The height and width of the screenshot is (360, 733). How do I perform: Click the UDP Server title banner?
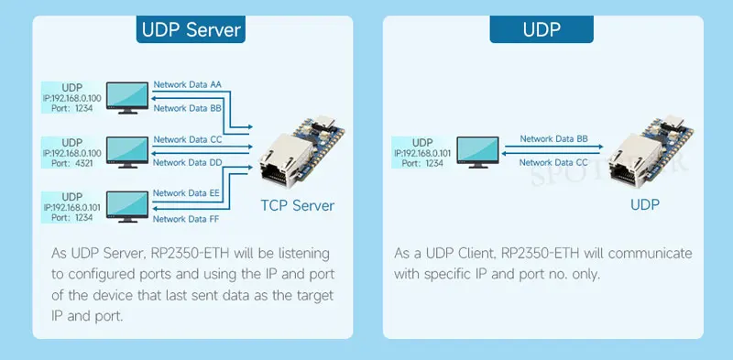(191, 29)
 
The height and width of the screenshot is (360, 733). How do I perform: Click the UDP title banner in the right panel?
(542, 29)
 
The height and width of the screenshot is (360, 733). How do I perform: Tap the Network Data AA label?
(188, 84)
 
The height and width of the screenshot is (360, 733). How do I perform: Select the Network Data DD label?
(188, 163)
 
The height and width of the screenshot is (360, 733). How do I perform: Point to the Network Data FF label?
(186, 219)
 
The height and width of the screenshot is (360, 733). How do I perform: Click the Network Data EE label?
(186, 192)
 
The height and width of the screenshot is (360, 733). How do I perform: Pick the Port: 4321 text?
(72, 163)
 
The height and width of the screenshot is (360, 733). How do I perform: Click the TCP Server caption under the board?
(297, 206)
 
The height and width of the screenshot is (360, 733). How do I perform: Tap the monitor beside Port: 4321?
(127, 152)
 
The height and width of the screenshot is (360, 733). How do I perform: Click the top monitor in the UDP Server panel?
(127, 98)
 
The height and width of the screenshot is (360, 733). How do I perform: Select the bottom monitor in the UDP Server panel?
(127, 207)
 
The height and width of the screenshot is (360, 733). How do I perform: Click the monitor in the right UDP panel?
(477, 152)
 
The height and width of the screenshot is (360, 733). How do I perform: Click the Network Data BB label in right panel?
(554, 139)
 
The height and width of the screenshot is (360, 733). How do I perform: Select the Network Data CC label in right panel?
(554, 163)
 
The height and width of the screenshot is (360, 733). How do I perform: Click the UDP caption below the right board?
(645, 205)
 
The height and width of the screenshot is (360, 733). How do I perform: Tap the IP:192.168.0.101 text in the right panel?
(422, 153)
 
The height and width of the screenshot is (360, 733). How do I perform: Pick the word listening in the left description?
(304, 255)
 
